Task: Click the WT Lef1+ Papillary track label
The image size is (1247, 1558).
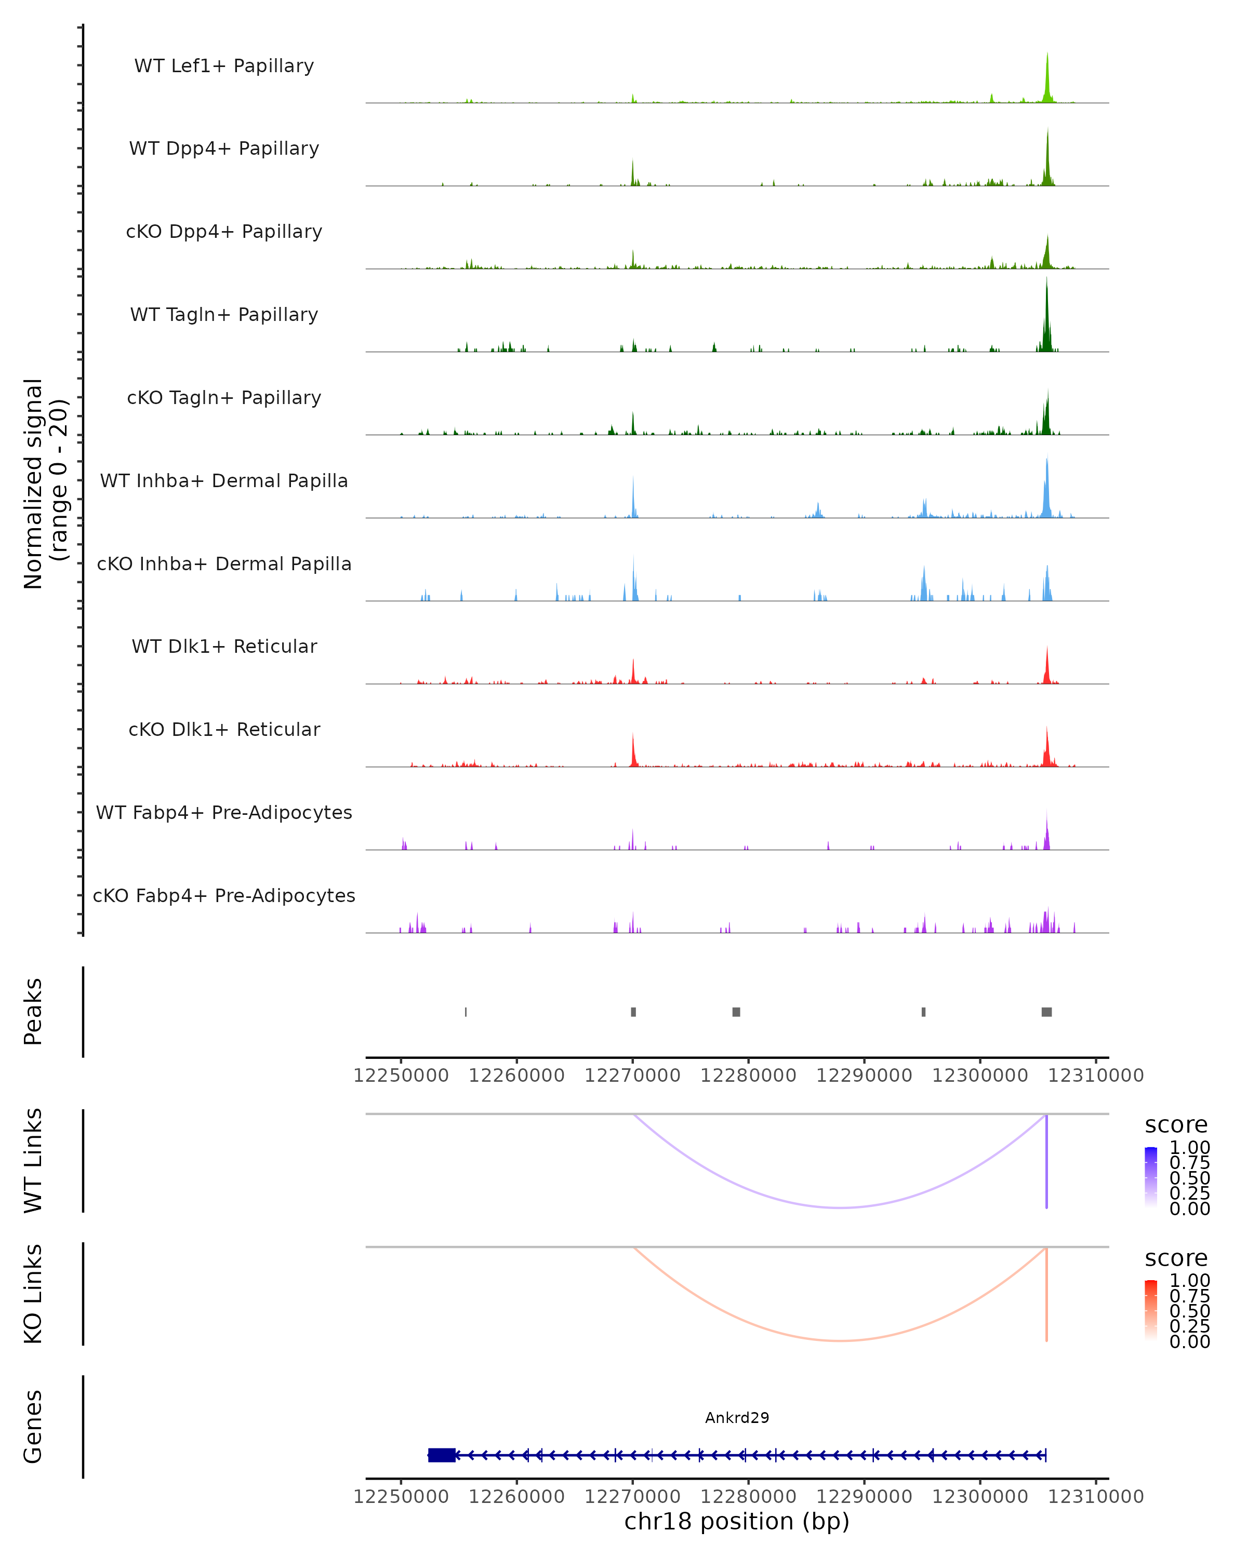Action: click(224, 66)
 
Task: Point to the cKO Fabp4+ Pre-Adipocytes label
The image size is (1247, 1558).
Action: click(224, 895)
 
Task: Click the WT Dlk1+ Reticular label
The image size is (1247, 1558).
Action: click(224, 646)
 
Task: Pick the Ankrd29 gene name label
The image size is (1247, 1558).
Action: click(737, 1417)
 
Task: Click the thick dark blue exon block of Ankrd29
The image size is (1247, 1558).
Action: click(442, 1455)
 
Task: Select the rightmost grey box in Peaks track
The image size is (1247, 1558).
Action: click(1046, 1012)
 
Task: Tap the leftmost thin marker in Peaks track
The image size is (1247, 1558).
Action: click(466, 1012)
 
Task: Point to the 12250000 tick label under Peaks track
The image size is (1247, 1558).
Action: click(401, 1076)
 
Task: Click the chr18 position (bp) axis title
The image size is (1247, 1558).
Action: click(737, 1521)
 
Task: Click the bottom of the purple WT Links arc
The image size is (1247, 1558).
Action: click(840, 1207)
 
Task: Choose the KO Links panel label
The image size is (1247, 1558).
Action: click(33, 1294)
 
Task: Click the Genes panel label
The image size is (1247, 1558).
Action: click(33, 1427)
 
